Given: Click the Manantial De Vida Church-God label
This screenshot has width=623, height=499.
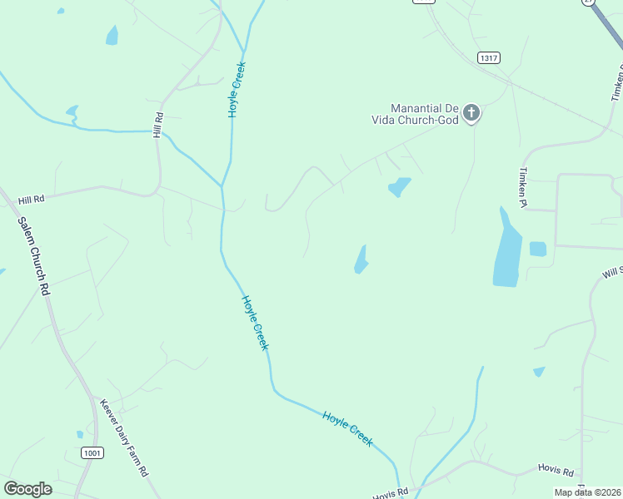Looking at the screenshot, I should pyautogui.click(x=416, y=114).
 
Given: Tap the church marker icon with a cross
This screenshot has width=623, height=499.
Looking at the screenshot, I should pyautogui.click(x=471, y=113).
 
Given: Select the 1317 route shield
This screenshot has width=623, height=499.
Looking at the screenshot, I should pyautogui.click(x=489, y=57).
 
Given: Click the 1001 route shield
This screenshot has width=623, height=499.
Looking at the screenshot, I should pyautogui.click(x=92, y=452).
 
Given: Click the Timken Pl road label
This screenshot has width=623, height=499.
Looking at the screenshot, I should pyautogui.click(x=522, y=185).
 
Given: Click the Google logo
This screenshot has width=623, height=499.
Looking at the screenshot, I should pyautogui.click(x=27, y=489).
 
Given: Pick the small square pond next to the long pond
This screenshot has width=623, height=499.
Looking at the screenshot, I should pyautogui.click(x=537, y=249).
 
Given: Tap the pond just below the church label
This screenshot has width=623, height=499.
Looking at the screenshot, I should pyautogui.click(x=400, y=187).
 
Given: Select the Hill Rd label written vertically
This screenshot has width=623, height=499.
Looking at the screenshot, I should pyautogui.click(x=157, y=126).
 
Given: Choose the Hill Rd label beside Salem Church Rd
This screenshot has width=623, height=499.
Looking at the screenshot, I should pyautogui.click(x=31, y=200).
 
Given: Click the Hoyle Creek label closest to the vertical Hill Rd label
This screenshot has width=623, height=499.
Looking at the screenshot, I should pyautogui.click(x=236, y=92).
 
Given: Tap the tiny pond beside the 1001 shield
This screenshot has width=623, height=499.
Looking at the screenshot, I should pyautogui.click(x=80, y=433).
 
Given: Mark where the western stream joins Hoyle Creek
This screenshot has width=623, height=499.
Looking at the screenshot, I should pyautogui.click(x=222, y=185).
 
